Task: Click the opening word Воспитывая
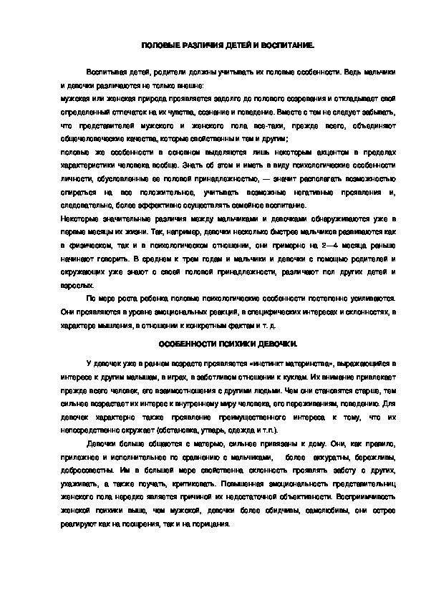106,74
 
